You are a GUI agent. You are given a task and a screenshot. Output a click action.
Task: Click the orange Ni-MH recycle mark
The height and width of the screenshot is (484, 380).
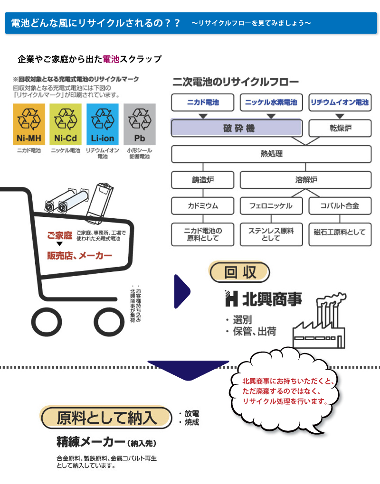28,124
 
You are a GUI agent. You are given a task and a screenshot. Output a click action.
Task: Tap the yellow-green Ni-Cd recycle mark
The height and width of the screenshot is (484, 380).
66,124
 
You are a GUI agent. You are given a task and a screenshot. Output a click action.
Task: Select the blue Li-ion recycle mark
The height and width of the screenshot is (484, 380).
103,124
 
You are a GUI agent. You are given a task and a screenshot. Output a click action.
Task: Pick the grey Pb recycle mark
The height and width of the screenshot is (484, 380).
140,124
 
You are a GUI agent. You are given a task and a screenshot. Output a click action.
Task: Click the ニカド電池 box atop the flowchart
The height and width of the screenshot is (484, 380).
203,102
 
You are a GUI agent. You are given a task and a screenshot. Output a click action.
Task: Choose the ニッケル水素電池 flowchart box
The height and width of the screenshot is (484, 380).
271,102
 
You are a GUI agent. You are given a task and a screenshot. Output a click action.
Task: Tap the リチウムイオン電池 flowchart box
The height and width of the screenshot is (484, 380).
340,102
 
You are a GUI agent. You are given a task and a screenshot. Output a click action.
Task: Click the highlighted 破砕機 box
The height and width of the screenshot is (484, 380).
237,128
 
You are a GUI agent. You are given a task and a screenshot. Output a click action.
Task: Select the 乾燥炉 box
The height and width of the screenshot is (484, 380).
340,128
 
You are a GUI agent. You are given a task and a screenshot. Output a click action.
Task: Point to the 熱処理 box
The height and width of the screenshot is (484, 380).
271,154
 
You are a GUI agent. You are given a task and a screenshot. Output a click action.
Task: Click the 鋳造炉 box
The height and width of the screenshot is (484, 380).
203,180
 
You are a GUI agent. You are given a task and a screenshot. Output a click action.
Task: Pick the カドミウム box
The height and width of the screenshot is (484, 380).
203,206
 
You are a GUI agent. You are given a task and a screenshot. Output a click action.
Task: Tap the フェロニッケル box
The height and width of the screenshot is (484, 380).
271,206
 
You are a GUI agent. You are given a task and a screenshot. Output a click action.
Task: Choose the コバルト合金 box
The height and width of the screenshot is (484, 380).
340,206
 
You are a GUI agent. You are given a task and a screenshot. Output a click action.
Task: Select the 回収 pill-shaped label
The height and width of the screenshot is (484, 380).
240,272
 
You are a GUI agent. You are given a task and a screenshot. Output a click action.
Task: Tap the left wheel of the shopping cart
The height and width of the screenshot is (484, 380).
47,322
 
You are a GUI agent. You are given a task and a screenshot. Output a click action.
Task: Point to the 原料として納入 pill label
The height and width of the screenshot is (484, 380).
106,418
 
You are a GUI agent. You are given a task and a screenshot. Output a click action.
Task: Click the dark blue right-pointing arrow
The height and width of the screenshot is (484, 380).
182,291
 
